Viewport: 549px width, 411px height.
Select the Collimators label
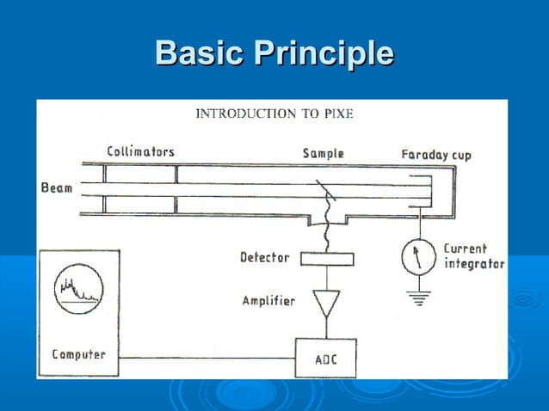(140, 151)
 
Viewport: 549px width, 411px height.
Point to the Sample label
(323, 153)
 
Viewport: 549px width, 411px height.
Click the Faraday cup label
(435, 155)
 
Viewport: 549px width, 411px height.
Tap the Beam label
(56, 187)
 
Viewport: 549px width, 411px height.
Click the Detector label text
(264, 257)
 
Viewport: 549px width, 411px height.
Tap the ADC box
(325, 357)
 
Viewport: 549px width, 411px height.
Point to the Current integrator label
(472, 256)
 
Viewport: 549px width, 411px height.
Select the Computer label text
(78, 353)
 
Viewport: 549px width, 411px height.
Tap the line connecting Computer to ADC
(207, 357)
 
